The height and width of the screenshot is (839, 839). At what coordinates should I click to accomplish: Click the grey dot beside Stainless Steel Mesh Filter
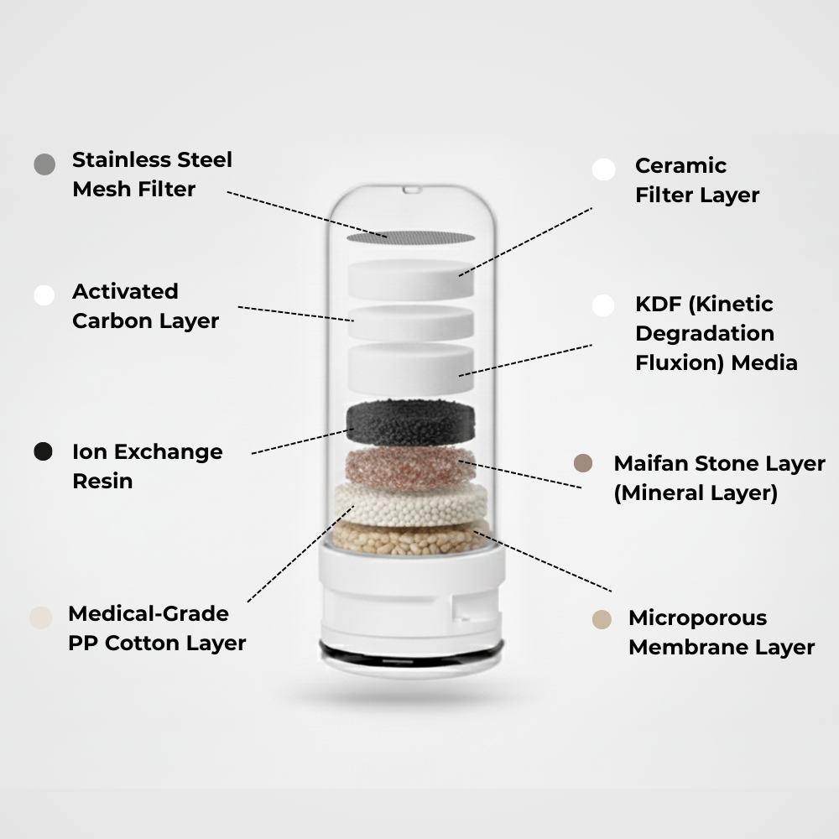tap(44, 164)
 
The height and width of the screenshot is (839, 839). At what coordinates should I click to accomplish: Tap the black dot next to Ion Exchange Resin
tap(44, 451)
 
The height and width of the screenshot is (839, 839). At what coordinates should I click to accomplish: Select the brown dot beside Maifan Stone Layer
tap(583, 463)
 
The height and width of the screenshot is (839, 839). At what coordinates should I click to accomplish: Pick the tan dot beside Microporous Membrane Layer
tap(601, 619)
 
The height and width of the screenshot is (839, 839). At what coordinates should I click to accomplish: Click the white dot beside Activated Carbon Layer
tap(44, 295)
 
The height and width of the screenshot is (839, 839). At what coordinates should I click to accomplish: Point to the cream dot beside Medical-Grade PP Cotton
tap(40, 618)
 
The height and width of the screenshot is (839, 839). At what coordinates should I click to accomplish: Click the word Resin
tap(102, 481)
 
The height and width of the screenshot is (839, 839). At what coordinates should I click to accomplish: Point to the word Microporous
tap(697, 618)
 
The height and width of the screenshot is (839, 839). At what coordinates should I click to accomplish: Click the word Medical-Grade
tap(148, 613)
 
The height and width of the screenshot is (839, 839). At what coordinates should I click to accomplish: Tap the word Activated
tap(125, 291)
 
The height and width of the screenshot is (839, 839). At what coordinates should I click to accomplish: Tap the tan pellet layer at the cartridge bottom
tap(411, 539)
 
